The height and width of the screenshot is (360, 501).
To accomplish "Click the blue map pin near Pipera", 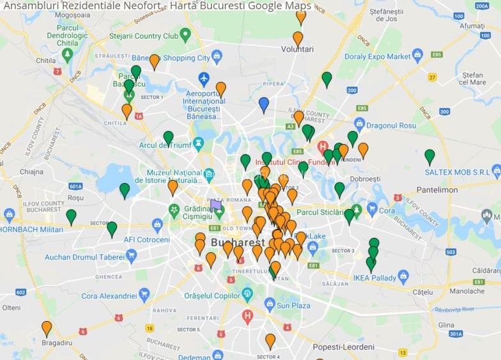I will (x=263, y=104).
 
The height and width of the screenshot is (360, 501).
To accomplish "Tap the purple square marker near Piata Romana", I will (x=216, y=205).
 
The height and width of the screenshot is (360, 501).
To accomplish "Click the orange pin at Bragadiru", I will (x=47, y=328).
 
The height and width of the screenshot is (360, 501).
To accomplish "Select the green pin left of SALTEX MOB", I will (x=429, y=156).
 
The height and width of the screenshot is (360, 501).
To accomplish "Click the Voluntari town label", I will (x=297, y=49).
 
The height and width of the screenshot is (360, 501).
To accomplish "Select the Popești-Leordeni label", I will (x=343, y=347).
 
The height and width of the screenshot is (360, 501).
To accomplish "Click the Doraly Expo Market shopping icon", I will (x=418, y=56).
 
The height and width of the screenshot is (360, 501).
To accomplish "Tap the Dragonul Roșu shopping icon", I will (x=359, y=123).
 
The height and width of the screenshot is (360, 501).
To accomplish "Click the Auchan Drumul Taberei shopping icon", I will (x=132, y=257).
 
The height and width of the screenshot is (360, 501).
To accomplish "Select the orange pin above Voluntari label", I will (x=298, y=38).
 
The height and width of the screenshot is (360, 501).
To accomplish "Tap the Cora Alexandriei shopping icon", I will (x=144, y=296).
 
